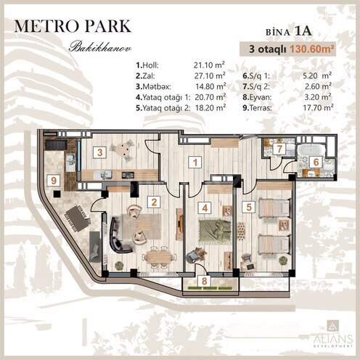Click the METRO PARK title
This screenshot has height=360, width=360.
[73, 26]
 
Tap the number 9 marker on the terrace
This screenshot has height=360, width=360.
[53, 181]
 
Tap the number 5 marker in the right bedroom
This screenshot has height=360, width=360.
[249, 207]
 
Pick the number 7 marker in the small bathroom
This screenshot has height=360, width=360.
[268, 148]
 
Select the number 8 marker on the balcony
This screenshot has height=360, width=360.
[204, 280]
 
